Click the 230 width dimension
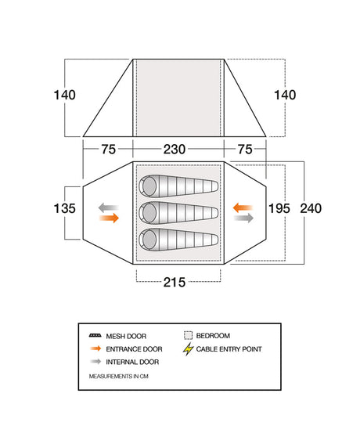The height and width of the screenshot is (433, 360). point(175,149)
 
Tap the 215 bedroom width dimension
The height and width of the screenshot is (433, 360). point(175,282)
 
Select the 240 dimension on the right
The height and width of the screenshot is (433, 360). point(311,208)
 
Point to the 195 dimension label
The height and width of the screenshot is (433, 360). point(279,208)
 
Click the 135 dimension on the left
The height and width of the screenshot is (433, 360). point(64,208)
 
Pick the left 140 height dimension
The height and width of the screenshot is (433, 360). point(64,95)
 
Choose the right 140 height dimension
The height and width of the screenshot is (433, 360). point(285,95)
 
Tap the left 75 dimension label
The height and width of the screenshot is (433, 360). point(108,149)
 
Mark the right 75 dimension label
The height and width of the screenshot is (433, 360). point(245,149)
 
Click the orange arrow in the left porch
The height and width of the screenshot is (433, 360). point(109,218)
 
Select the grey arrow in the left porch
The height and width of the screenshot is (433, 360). point(109,207)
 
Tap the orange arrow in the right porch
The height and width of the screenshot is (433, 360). point(243,207)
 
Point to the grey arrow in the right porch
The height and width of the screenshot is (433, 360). point(243,218)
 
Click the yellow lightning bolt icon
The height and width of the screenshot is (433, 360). point(188,348)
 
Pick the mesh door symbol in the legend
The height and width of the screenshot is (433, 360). point(95,336)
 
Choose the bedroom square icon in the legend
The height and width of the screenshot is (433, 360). point(188,335)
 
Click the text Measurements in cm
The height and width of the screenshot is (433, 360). point(118,376)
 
